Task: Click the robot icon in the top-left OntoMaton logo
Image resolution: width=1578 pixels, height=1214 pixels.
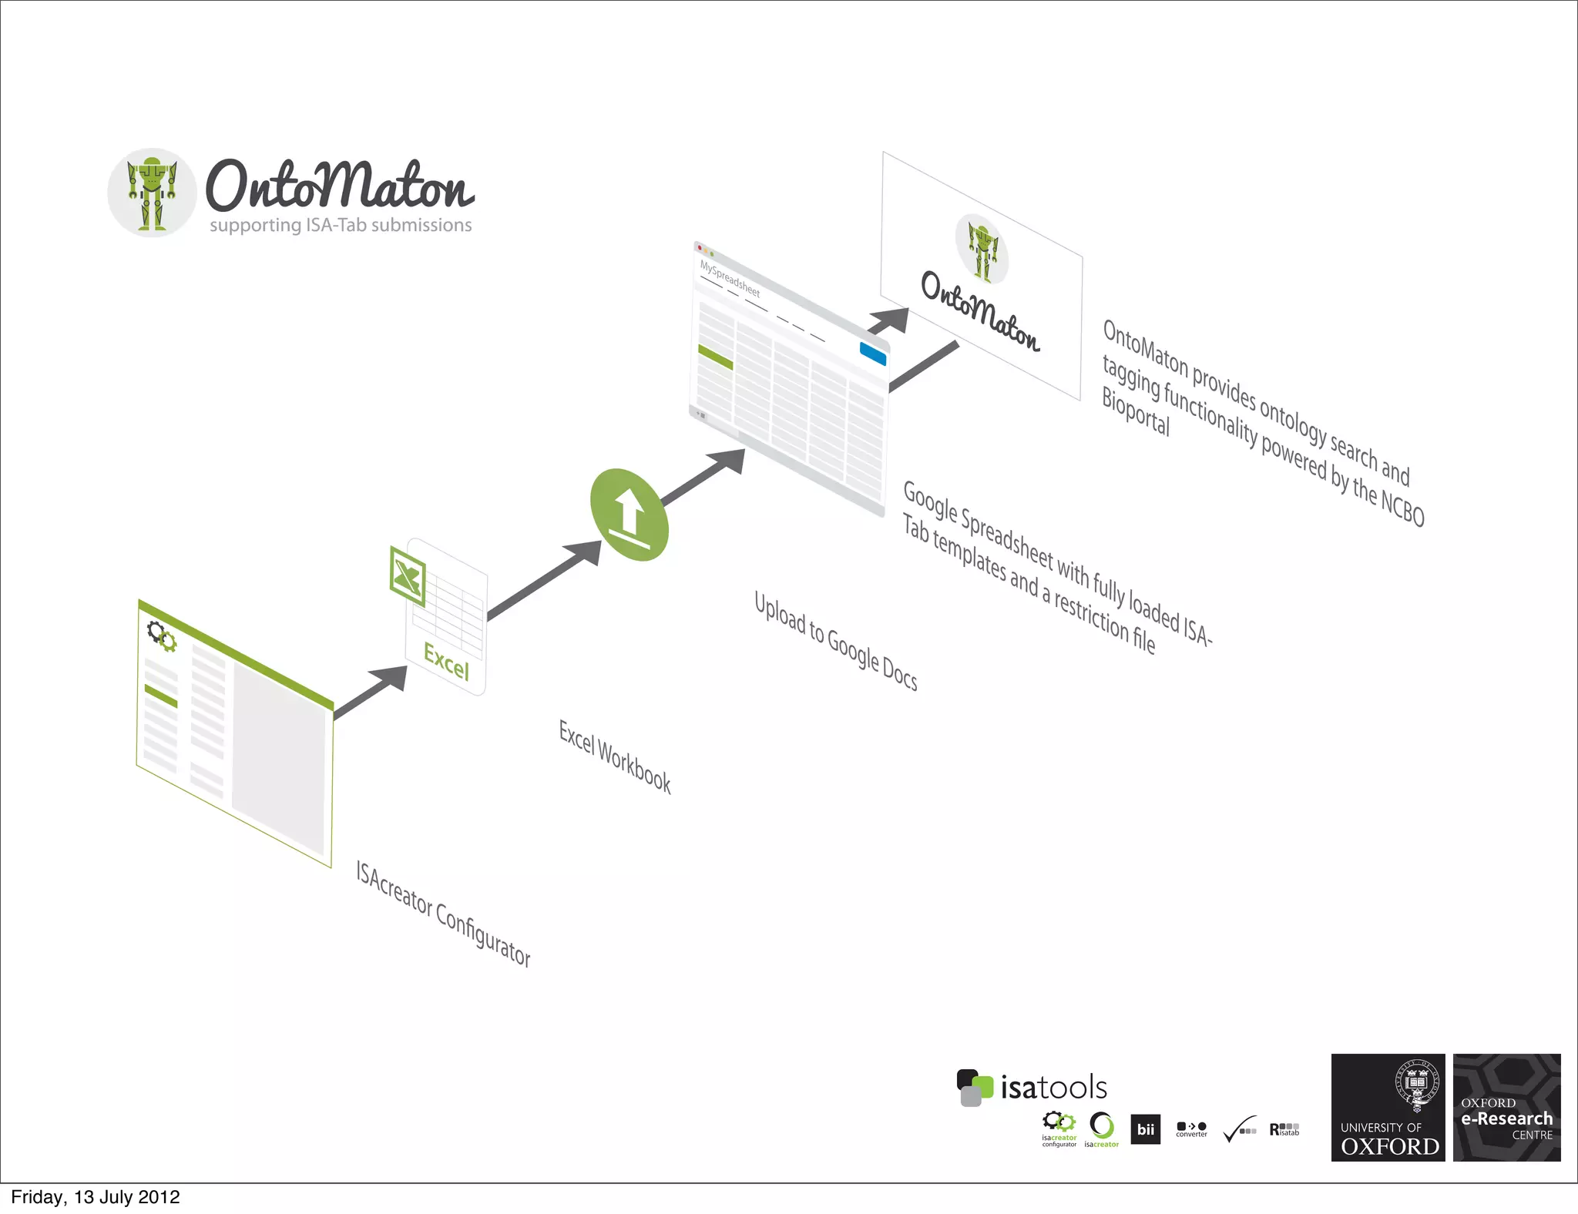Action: point(152,193)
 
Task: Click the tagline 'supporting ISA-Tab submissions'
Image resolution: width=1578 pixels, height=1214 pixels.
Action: point(341,225)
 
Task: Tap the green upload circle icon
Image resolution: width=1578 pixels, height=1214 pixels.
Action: point(629,515)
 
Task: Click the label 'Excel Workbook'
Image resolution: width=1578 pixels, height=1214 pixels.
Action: point(615,756)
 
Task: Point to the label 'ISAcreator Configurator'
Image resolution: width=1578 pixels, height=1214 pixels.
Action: point(443,914)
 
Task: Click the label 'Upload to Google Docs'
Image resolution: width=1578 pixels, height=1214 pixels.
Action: point(835,641)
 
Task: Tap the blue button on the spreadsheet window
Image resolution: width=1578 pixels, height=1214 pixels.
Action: point(872,354)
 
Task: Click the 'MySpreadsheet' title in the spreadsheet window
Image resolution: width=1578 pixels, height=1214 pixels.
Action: point(730,279)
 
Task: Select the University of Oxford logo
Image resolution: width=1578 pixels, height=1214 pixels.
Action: point(1388,1107)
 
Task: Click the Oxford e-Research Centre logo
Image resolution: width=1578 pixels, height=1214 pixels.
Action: point(1506,1107)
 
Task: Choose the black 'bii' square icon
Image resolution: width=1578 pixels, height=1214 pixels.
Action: point(1146,1129)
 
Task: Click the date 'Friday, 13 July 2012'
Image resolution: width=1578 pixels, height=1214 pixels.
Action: point(96,1197)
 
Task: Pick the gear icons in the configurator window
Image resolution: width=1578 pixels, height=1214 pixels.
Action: point(162,636)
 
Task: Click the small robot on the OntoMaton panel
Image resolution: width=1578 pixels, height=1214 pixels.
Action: point(982,250)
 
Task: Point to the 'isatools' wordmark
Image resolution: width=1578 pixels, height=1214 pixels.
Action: point(1053,1088)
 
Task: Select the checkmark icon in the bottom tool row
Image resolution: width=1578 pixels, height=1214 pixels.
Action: point(1239,1129)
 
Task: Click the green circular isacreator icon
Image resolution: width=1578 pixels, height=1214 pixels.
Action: point(1102,1126)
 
